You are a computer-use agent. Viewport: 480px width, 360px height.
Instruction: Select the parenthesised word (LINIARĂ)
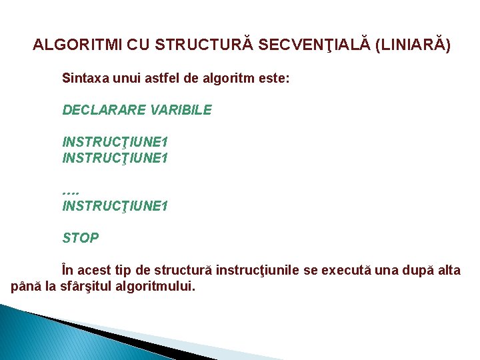point(413,45)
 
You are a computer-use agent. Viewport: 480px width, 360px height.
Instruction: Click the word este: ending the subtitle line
point(273,78)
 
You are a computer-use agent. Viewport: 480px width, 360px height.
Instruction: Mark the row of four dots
point(70,191)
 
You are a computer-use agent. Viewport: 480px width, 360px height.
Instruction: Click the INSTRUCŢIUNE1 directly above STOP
point(115,206)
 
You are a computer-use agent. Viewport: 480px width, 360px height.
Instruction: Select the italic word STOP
point(81,238)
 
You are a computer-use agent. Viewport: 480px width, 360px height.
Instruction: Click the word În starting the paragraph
point(69,270)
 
